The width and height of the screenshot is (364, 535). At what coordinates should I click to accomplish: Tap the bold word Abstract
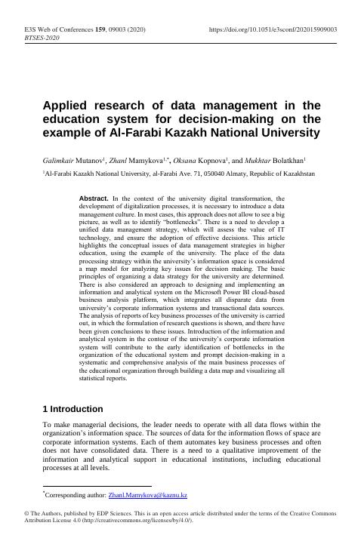(x=94, y=197)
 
